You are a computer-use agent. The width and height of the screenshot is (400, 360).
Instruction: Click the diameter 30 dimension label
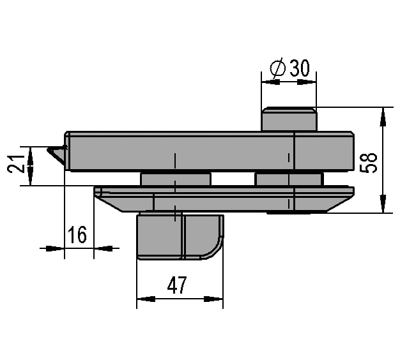click(x=290, y=68)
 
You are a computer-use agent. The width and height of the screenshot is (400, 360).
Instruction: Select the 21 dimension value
click(x=16, y=163)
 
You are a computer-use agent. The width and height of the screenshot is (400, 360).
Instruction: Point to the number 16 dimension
click(x=77, y=234)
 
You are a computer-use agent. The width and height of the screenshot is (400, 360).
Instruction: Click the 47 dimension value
click(x=177, y=285)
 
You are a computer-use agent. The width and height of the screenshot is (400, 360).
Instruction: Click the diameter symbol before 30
click(x=277, y=68)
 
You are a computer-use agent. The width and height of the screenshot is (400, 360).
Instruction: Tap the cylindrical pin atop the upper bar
click(x=289, y=119)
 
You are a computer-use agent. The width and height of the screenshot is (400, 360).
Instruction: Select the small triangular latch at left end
click(x=57, y=154)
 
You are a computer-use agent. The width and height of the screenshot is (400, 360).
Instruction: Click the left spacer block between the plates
click(x=176, y=179)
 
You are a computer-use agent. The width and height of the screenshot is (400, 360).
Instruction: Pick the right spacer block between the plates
click(x=289, y=179)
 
